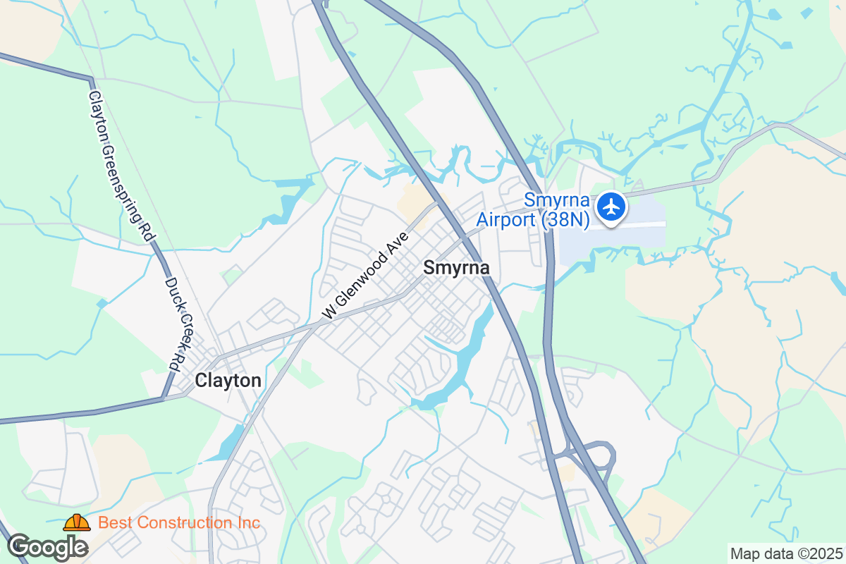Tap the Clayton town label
click(x=228, y=381)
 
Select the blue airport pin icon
click(x=611, y=207)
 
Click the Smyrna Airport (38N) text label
click(x=533, y=211)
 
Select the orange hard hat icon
click(x=77, y=522)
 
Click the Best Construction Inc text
click(x=179, y=523)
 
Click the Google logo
click(x=47, y=547)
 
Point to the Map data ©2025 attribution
click(x=787, y=553)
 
